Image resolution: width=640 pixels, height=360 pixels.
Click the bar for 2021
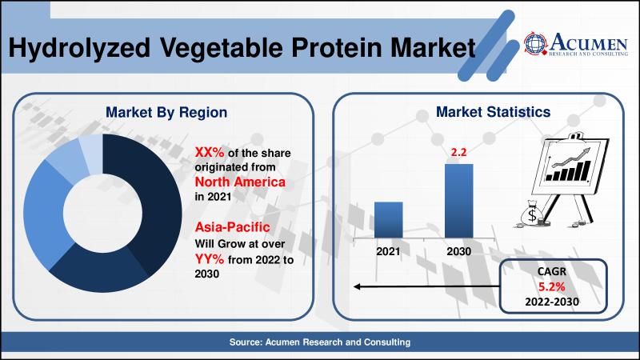pos(388,220)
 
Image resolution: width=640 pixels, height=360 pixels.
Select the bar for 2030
pos(458,202)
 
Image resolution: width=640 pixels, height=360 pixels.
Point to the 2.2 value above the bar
pos(458,152)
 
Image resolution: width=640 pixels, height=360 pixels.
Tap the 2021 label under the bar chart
pos(388,251)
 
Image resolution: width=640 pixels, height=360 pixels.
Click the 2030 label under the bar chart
pos(458,251)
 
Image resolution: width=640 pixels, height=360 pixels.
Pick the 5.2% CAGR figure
pos(551,287)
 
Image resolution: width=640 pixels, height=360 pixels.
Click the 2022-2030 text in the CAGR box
pos(552,302)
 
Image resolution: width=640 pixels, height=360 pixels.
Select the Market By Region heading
pos(166,113)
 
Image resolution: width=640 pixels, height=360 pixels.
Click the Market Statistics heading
pos(493,112)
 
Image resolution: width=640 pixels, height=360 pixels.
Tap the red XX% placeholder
pos(210,152)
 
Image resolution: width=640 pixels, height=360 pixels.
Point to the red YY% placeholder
pos(210,259)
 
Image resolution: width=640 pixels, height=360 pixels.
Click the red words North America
pos(240,182)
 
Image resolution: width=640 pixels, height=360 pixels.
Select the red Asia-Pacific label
pos(232,227)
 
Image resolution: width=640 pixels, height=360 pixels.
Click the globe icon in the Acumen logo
pos(535,43)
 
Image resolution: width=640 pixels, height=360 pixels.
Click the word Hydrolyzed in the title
pos(79,49)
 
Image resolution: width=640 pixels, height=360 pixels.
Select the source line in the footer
pos(320,342)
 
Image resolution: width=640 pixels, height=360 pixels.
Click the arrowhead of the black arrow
pos(356,286)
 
